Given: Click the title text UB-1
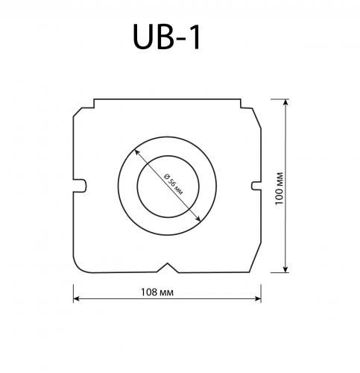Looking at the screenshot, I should coord(166,37).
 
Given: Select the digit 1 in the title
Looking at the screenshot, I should coord(194,37).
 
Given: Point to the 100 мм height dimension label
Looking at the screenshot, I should coord(277,186).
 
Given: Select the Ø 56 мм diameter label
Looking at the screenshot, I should coord(172,183).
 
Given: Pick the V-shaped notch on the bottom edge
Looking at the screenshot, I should coord(168,266).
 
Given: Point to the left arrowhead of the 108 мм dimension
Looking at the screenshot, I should coord(76,300).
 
